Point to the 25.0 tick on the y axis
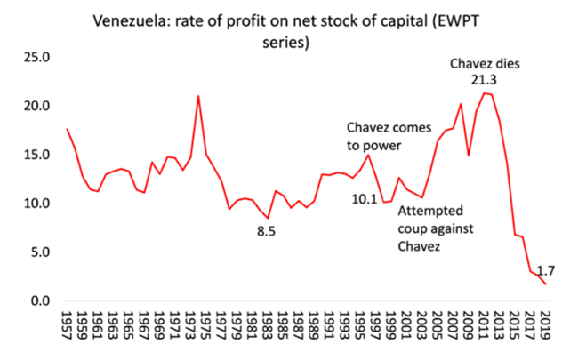(39, 58)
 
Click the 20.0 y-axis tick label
(39, 107)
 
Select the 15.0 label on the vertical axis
(39, 155)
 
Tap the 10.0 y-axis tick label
(39, 204)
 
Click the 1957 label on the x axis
(67, 325)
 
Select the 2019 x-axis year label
(545, 325)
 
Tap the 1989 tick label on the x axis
(314, 325)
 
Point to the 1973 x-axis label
(190, 325)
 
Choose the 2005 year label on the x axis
(438, 325)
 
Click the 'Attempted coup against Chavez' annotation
(433, 228)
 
